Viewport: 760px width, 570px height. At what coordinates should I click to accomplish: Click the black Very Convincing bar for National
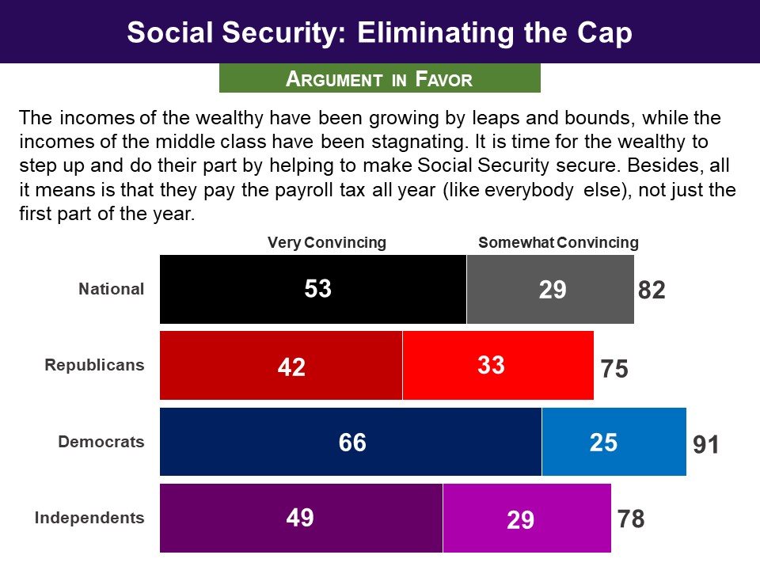coord(313,289)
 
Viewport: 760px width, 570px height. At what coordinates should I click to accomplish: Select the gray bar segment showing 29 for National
coord(550,289)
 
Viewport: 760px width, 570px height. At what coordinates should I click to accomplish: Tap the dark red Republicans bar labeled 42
coord(281,365)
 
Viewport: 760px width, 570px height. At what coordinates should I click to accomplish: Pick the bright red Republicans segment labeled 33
coord(498,365)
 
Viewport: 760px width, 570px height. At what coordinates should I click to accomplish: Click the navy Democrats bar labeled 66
coord(351,442)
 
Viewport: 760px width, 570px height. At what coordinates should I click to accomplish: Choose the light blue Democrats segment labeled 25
coord(614,442)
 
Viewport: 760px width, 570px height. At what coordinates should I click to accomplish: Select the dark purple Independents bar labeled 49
coord(301,518)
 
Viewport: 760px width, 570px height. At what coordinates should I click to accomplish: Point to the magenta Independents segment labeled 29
coord(526,518)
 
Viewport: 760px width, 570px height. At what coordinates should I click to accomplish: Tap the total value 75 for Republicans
coord(614,369)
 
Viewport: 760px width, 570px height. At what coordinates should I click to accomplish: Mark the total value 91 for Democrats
coord(706,445)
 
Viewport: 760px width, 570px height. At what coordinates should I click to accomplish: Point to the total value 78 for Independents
coord(631,520)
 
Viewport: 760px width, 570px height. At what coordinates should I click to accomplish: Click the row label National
coord(112,289)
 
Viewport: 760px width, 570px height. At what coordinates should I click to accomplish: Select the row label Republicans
coord(95,365)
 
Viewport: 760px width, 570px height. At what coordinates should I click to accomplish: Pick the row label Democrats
coord(101,442)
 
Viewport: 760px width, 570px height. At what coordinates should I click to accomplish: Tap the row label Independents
coord(89,519)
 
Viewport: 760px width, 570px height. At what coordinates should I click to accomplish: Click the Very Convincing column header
coord(326,242)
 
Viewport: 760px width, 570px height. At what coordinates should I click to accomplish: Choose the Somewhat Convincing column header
coord(558,242)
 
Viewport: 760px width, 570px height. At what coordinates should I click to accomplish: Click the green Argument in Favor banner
coord(379,78)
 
